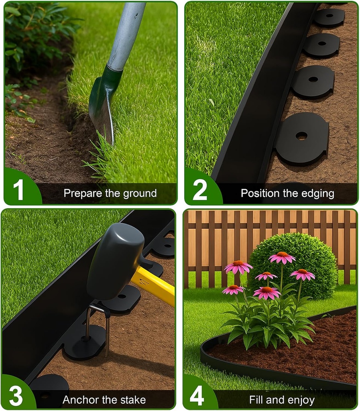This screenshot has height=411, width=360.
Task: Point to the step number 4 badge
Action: coord(197,396)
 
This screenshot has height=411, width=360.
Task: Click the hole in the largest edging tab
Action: coord(301,136)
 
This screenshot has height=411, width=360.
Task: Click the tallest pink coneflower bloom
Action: coord(282,257)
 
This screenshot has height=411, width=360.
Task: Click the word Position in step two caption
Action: coord(260,193)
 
